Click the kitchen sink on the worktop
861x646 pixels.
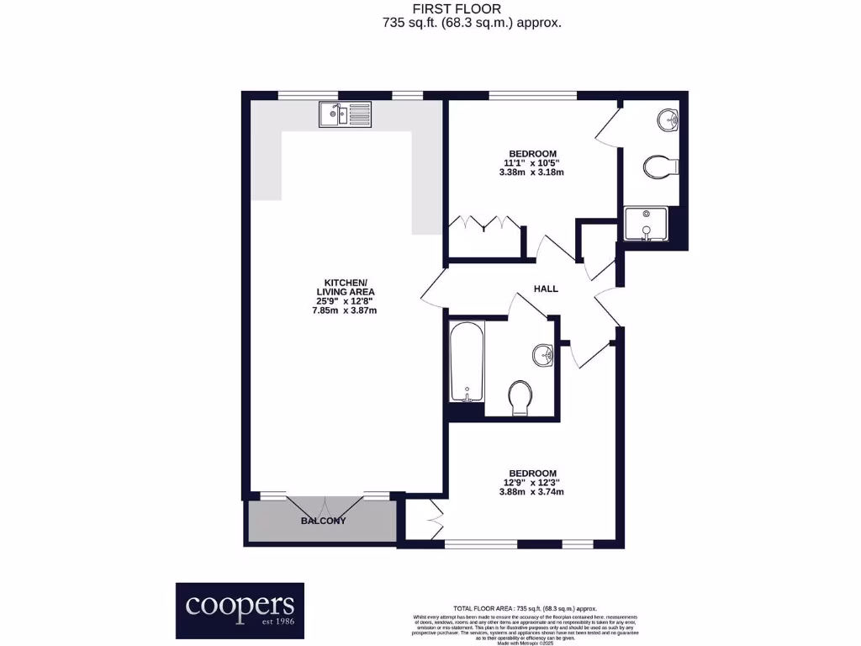coord(345,114)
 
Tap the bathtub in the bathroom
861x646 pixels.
coord(466,362)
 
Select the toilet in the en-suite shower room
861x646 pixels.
coord(660,168)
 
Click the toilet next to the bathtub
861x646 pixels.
coord(520,397)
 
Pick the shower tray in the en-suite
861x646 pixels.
coord(646,225)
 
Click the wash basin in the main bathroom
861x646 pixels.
coord(543,356)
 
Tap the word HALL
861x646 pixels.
coord(546,289)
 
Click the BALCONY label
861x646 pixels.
coord(323,521)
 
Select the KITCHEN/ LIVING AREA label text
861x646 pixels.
coord(346,287)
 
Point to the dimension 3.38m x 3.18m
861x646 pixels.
coord(531,172)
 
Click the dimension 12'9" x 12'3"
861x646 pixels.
coord(531,482)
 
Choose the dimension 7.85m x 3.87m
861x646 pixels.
coord(344,310)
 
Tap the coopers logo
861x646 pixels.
coord(240,610)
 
